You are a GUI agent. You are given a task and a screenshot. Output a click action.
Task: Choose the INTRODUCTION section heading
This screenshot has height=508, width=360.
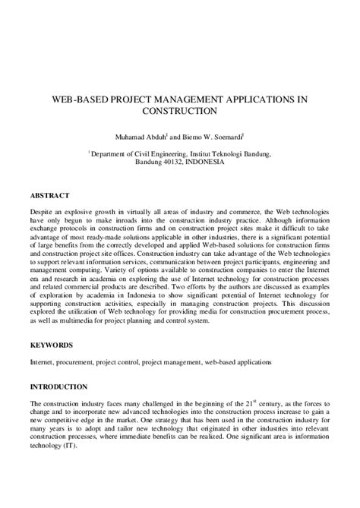59,386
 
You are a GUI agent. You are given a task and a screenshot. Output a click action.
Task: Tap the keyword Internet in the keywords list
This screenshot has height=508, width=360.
43,363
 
